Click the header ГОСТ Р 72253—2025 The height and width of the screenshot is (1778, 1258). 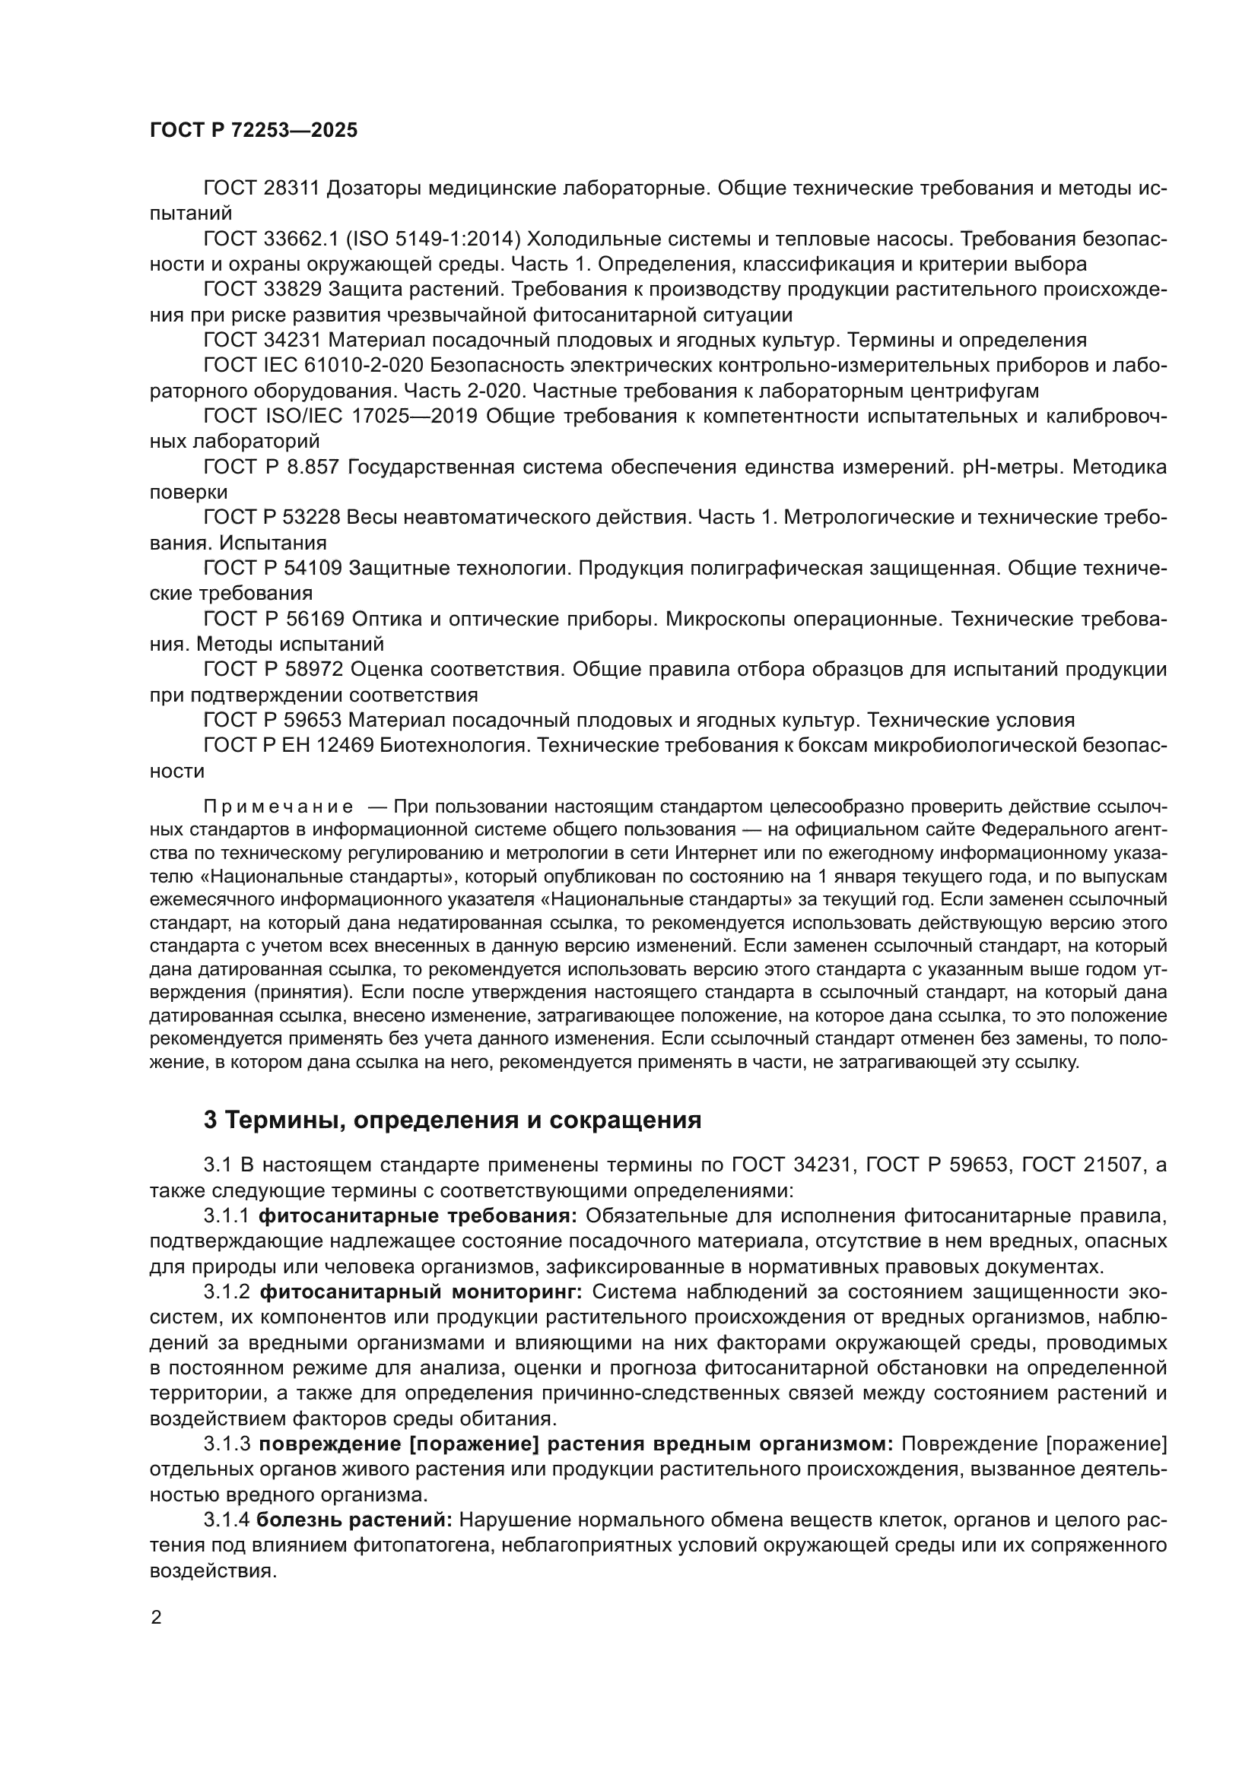tap(253, 130)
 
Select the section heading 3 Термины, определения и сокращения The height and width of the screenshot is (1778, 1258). tap(453, 1120)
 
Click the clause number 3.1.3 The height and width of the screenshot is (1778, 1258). tap(227, 1444)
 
